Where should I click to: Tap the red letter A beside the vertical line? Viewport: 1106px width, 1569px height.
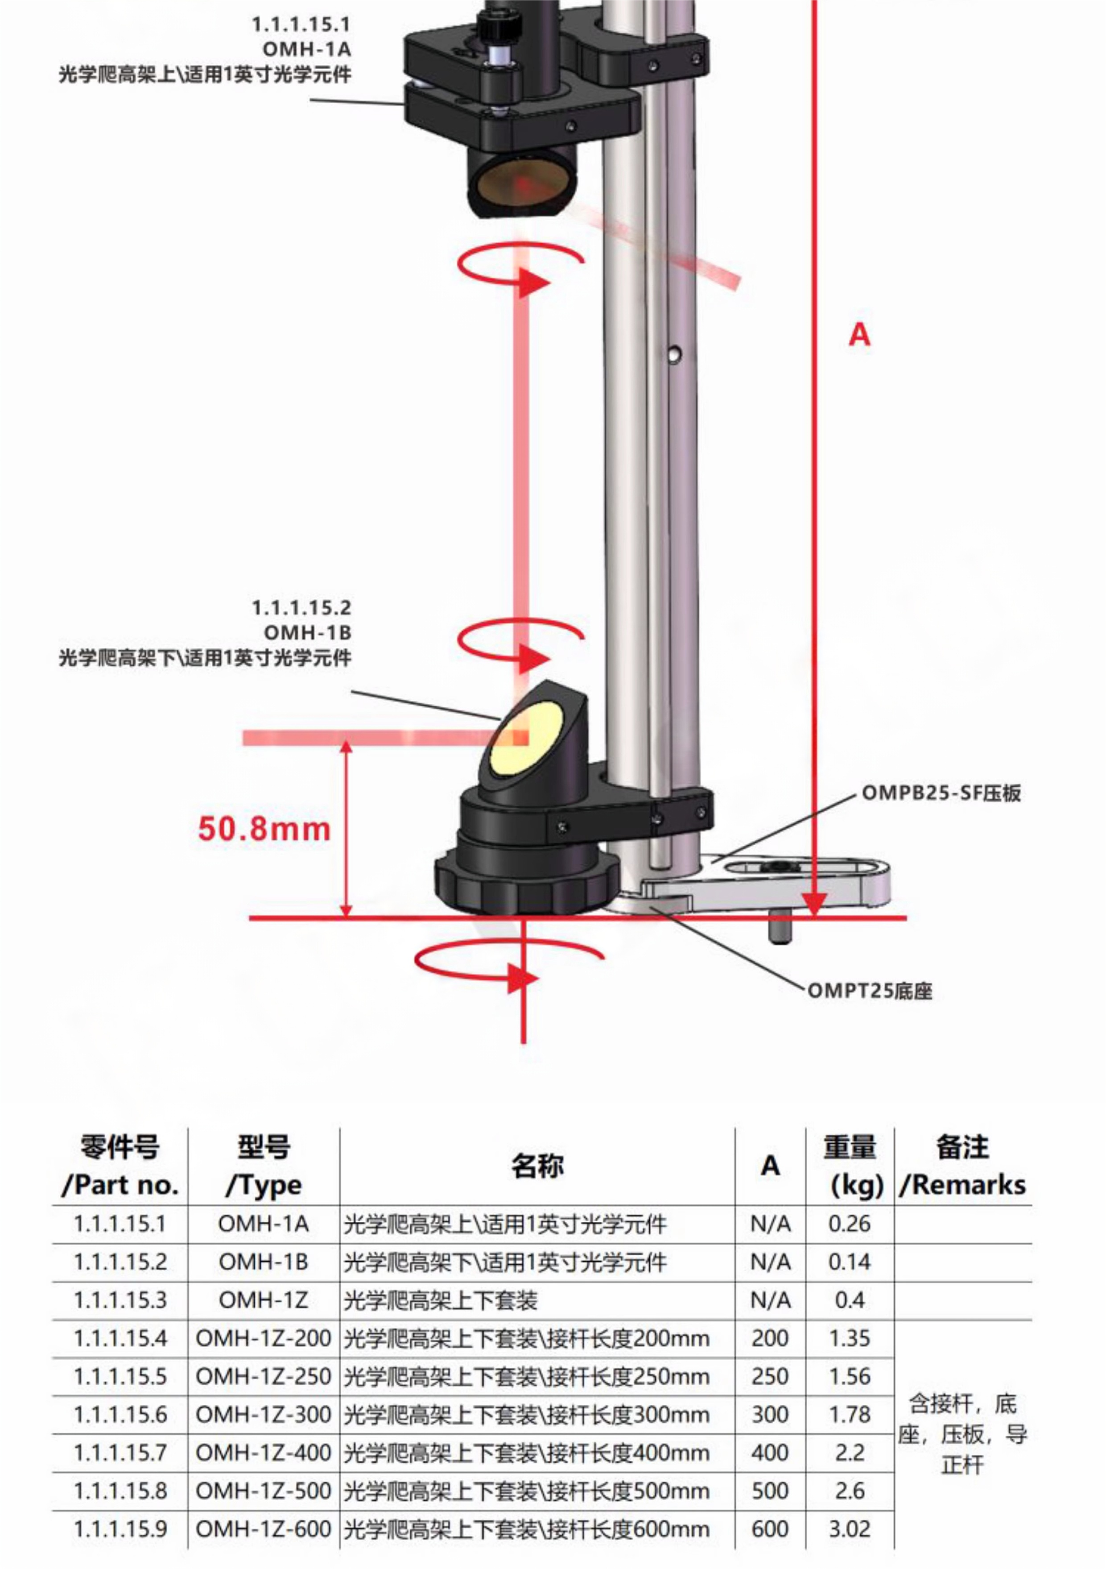point(859,335)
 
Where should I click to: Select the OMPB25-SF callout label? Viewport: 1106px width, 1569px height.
point(941,793)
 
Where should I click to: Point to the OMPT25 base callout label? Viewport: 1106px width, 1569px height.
point(870,990)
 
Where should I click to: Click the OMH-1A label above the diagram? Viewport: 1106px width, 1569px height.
point(307,49)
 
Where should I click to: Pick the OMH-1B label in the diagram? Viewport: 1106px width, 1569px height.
point(307,632)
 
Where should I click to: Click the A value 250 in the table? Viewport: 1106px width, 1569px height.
point(770,1376)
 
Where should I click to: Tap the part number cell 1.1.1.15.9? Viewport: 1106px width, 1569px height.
point(120,1529)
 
